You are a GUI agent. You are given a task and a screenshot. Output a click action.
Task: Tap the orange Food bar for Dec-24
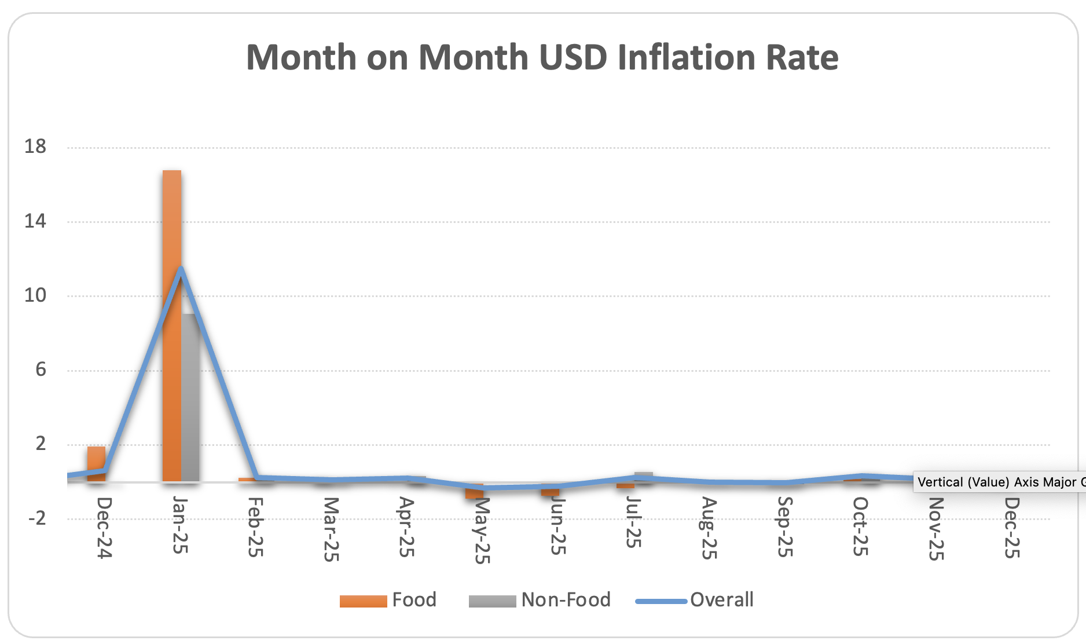[96, 463]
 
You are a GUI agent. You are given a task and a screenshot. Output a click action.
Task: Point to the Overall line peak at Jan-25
[181, 269]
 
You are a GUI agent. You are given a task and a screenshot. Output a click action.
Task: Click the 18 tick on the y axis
[35, 147]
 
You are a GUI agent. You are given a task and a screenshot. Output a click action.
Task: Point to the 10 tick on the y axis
[35, 295]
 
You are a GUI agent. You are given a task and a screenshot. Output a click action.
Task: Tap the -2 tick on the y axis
[37, 518]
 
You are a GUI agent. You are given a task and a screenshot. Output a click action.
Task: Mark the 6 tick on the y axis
[41, 369]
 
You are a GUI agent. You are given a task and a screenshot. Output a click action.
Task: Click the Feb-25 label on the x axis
[255, 527]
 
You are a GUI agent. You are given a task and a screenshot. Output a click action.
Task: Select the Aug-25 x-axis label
[709, 528]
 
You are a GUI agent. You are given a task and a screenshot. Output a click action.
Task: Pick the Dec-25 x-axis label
[1011, 528]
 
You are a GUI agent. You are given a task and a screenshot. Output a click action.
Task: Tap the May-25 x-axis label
[482, 530]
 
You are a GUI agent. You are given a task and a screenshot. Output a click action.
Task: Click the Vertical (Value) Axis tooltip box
[998, 482]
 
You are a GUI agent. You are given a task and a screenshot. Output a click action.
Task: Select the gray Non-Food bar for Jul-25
[643, 477]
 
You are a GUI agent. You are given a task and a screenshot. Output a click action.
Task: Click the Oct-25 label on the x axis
[860, 526]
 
